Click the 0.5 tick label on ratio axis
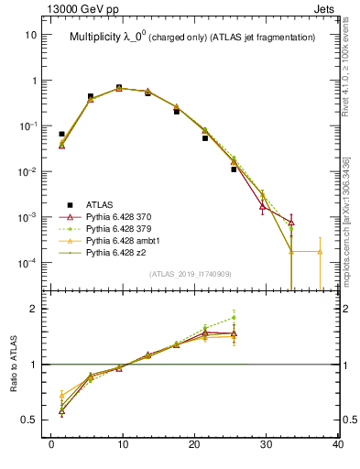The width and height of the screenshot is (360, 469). click(28, 420)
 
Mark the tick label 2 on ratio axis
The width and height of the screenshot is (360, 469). click(33, 309)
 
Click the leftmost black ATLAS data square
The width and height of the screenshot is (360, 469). click(61, 134)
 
